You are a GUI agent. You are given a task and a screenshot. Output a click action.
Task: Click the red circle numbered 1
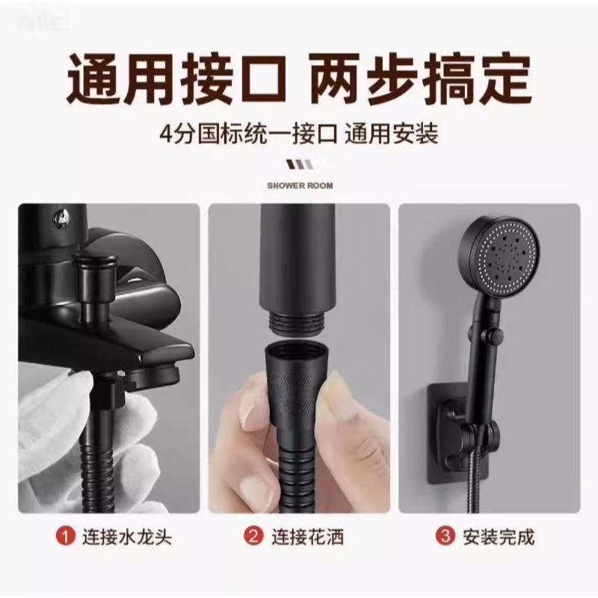[x=66, y=537]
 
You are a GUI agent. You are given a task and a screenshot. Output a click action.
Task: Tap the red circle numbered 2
[x=253, y=536]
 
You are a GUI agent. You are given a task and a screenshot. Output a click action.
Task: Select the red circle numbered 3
[x=445, y=536]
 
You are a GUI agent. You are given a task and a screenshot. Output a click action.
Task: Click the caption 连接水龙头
[x=127, y=537]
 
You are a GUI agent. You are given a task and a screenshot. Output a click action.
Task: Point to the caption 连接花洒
[x=307, y=537]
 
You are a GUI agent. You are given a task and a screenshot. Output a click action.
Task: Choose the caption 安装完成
[x=499, y=537]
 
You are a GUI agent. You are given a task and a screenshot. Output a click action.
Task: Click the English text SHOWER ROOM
[x=300, y=185]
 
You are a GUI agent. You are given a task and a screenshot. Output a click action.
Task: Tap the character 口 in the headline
[x=260, y=79]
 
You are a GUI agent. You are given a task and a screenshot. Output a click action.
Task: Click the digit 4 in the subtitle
[x=167, y=135]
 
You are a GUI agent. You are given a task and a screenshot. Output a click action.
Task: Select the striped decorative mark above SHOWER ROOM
[x=300, y=164]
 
